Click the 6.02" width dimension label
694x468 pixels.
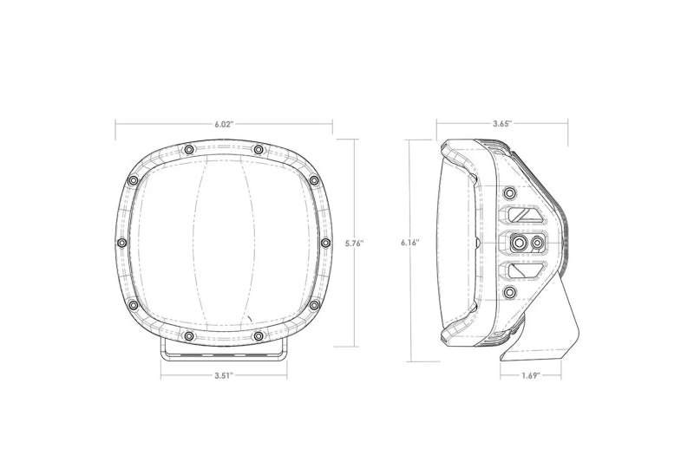(x=224, y=124)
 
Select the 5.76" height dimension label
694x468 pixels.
(x=354, y=243)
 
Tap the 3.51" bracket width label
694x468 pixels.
(x=224, y=376)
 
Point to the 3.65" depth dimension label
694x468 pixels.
(x=502, y=123)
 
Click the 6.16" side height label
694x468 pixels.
(x=410, y=243)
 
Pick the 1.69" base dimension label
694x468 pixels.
(x=531, y=376)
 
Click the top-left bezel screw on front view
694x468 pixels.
(x=189, y=150)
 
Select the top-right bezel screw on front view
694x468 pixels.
(x=259, y=150)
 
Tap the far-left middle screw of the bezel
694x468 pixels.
(x=121, y=243)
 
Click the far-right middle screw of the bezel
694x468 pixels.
(x=326, y=243)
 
